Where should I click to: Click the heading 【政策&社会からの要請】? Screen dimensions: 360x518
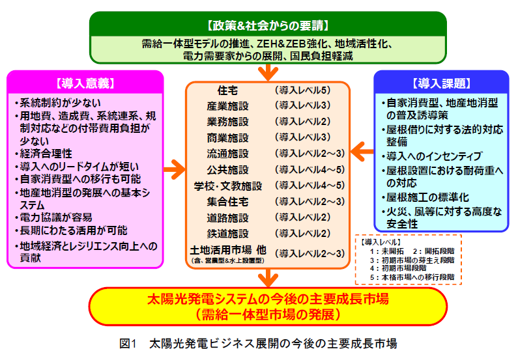[267, 26]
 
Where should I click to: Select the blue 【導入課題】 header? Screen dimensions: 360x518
[440, 83]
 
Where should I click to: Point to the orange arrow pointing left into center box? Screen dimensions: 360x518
[361, 151]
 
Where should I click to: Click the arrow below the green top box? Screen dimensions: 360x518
[267, 72]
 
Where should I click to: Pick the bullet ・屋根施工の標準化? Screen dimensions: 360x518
[423, 197]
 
